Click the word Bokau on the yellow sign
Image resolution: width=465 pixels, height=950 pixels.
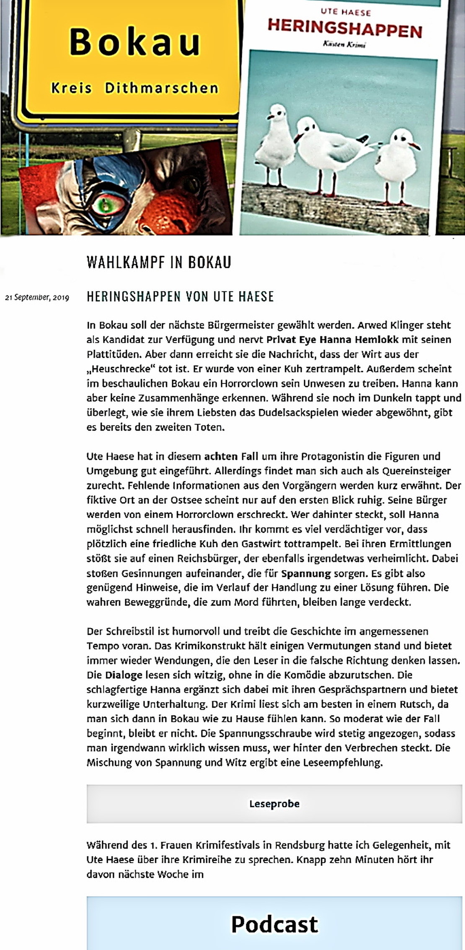[x=135, y=42]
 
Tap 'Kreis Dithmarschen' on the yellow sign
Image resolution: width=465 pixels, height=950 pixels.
[x=135, y=88]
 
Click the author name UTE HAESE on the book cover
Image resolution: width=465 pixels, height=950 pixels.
[x=346, y=12]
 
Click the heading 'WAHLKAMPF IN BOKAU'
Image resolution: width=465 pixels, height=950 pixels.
[x=159, y=263]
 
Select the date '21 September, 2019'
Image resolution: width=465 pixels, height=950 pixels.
[x=37, y=298]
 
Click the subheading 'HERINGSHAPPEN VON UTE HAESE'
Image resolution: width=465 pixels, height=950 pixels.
[x=180, y=297]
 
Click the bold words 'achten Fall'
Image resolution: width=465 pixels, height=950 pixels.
[x=228, y=456]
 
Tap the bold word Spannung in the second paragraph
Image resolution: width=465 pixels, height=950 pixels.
[x=306, y=573]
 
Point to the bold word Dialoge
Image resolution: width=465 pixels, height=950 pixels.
[x=124, y=675]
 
